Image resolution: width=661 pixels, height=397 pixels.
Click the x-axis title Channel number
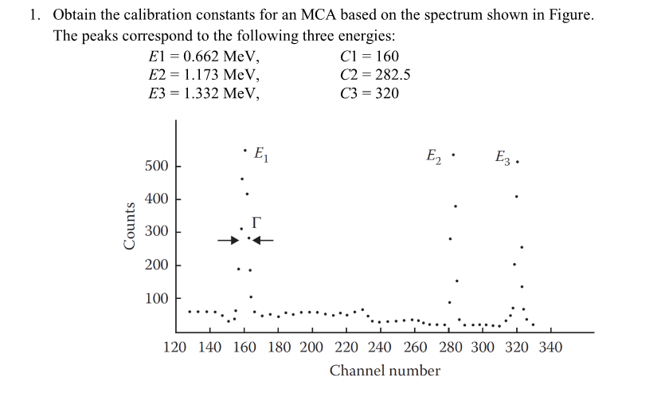coord(385,371)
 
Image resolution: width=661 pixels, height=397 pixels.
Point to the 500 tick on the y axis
coord(156,167)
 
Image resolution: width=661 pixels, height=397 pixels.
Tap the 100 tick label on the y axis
coord(156,299)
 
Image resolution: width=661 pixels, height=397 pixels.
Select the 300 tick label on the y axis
coord(156,232)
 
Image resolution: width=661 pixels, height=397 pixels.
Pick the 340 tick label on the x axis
coord(550,348)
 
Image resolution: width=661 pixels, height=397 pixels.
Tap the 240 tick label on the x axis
coord(380,348)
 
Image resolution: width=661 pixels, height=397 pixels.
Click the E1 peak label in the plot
coord(260,154)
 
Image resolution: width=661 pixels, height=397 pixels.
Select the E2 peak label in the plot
coord(434,155)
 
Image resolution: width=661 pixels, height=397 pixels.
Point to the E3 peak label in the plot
coord(503,157)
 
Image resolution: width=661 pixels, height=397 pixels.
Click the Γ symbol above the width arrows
coord(256,222)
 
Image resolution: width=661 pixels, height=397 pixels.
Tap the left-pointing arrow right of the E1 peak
coord(264,239)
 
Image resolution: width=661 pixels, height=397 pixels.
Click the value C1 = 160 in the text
coord(369,57)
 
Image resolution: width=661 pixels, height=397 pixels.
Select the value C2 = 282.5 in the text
coord(374,75)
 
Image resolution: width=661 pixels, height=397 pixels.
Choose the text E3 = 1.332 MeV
coord(204,93)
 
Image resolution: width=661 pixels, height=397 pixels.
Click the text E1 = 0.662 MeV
coord(204,57)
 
